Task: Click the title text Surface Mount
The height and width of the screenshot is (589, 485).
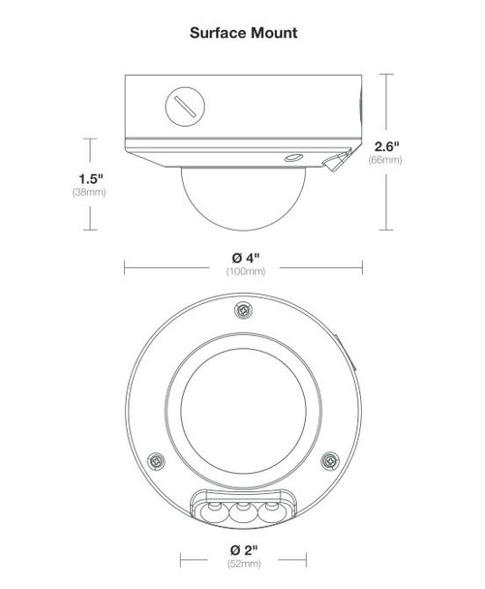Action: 242,32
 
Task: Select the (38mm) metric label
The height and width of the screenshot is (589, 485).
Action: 89,194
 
